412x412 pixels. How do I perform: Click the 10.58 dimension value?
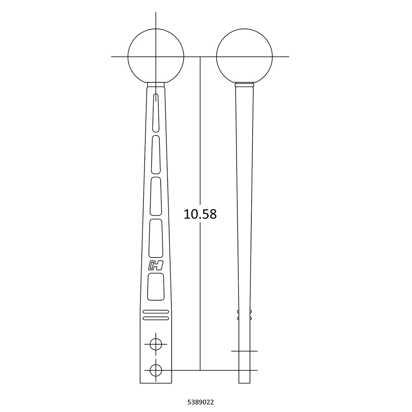200,214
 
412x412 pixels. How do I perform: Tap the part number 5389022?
201,402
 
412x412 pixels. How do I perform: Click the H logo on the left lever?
156,266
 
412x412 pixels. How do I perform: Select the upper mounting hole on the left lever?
156,344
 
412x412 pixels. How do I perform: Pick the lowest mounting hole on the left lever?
156,370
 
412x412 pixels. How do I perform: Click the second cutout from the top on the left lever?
156,154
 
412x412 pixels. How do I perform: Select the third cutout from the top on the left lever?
156,196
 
